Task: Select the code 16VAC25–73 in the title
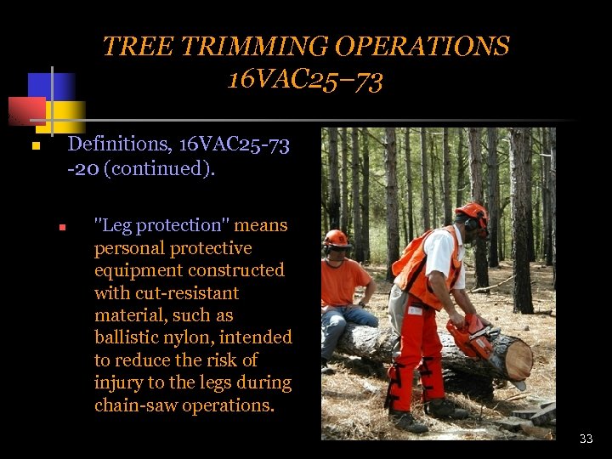[x=305, y=80]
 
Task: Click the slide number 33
[x=586, y=439]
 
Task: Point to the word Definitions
[x=119, y=145]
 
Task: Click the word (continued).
[x=159, y=168]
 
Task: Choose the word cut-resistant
[x=167, y=293]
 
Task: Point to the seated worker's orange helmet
[x=337, y=238]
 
